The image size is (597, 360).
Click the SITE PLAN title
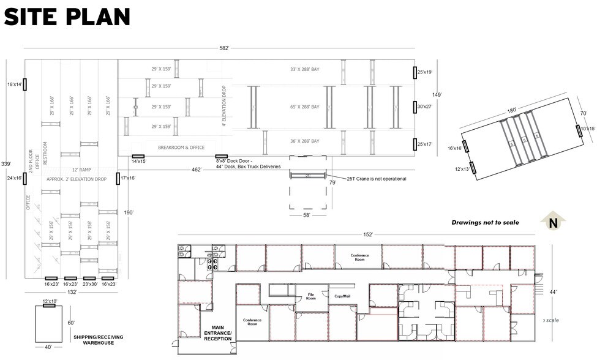[x=67, y=17]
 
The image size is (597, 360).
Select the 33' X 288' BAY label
[x=304, y=69]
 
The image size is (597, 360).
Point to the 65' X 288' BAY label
[x=304, y=107]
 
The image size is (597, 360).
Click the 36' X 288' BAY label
[x=304, y=141]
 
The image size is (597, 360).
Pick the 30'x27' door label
[x=425, y=106]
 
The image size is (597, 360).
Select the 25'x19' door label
[x=425, y=72]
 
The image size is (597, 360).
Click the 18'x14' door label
[x=15, y=84]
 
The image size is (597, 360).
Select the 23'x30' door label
[x=90, y=284]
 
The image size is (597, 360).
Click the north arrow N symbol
[x=553, y=223]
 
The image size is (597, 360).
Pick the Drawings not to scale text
[x=485, y=223]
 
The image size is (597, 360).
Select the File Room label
[x=311, y=297]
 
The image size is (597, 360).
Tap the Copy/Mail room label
[x=342, y=296]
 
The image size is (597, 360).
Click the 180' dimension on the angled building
[x=511, y=110]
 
